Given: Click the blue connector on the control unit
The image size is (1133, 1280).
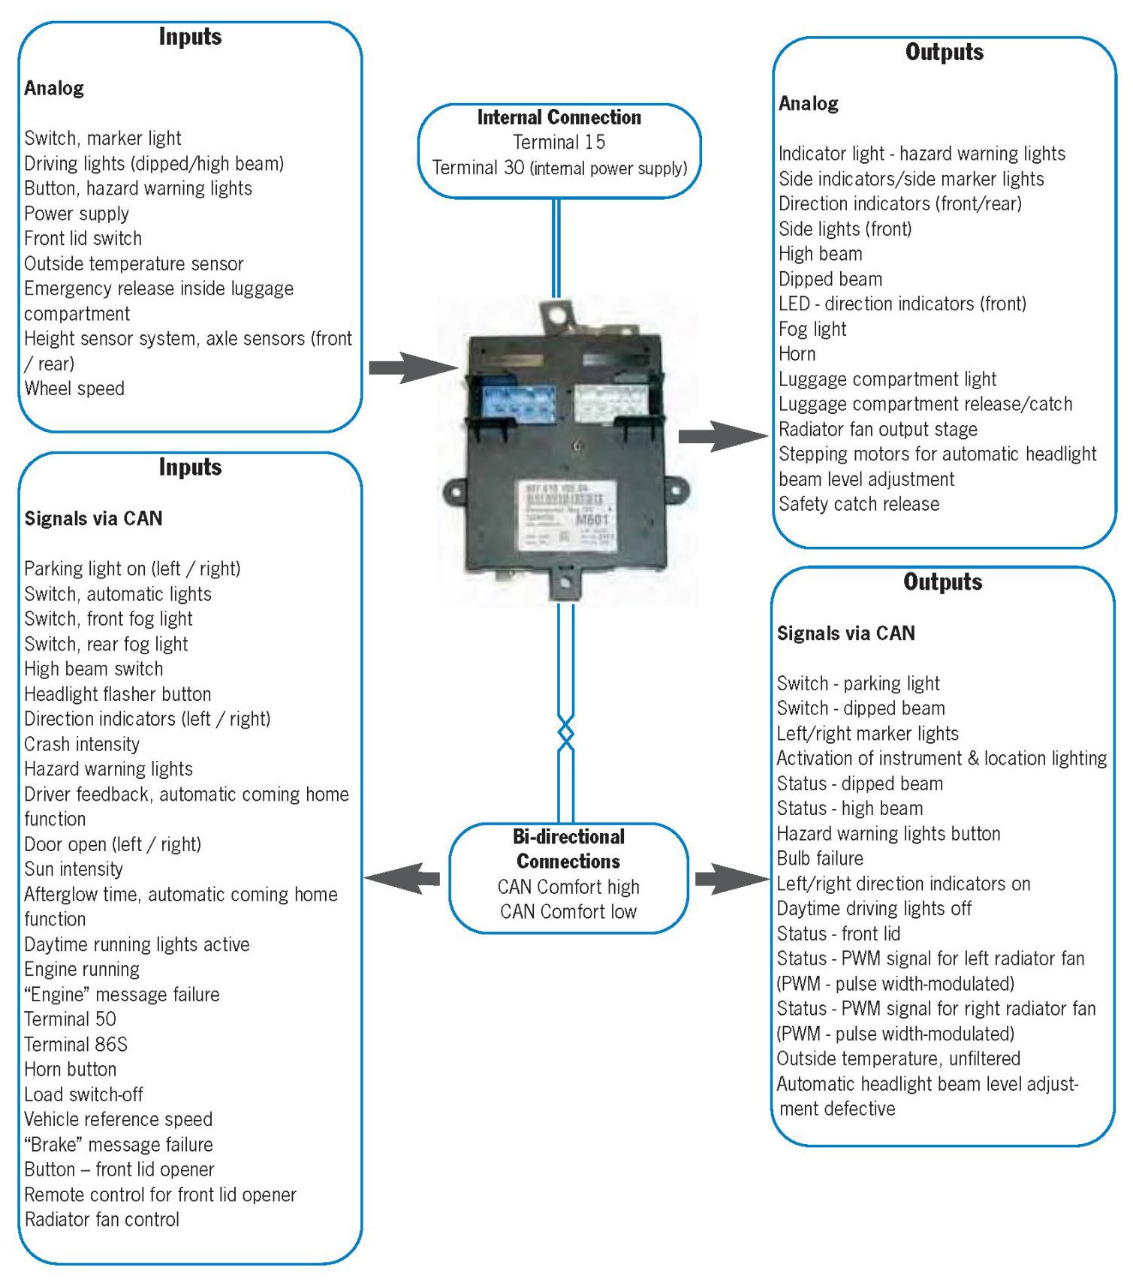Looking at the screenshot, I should pyautogui.click(x=518, y=404).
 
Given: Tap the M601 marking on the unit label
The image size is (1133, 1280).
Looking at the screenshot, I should pyautogui.click(x=593, y=518).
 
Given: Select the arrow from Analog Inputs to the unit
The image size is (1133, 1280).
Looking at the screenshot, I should pyautogui.click(x=411, y=367).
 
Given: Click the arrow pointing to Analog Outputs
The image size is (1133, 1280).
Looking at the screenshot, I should pyautogui.click(x=722, y=436).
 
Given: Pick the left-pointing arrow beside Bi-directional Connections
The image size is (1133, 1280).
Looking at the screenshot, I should pyautogui.click(x=404, y=877).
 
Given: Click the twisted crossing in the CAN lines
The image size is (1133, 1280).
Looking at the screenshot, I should pyautogui.click(x=566, y=732).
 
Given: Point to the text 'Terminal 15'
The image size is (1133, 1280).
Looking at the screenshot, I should pyautogui.click(x=559, y=142).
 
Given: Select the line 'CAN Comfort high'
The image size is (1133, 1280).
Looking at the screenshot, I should pyautogui.click(x=568, y=886).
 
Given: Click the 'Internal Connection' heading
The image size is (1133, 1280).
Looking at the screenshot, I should pyautogui.click(x=559, y=117).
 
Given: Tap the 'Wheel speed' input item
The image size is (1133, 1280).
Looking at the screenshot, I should pyautogui.click(x=74, y=388).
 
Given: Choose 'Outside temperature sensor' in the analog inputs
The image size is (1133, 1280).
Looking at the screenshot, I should pyautogui.click(x=134, y=264).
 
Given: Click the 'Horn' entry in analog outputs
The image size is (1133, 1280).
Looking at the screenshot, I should pyautogui.click(x=797, y=354).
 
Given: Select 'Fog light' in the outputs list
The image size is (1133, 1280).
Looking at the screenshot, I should pyautogui.click(x=812, y=329).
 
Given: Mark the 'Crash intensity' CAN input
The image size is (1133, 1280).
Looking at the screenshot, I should pyautogui.click(x=82, y=744).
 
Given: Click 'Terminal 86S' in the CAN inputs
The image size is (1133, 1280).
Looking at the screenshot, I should pyautogui.click(x=76, y=1044).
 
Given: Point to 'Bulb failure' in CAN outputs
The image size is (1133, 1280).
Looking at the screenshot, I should pyautogui.click(x=820, y=859).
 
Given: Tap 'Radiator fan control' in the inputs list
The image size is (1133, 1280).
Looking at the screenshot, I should pyautogui.click(x=102, y=1219).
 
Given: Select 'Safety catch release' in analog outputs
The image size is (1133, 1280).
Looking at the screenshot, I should pyautogui.click(x=859, y=504).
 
